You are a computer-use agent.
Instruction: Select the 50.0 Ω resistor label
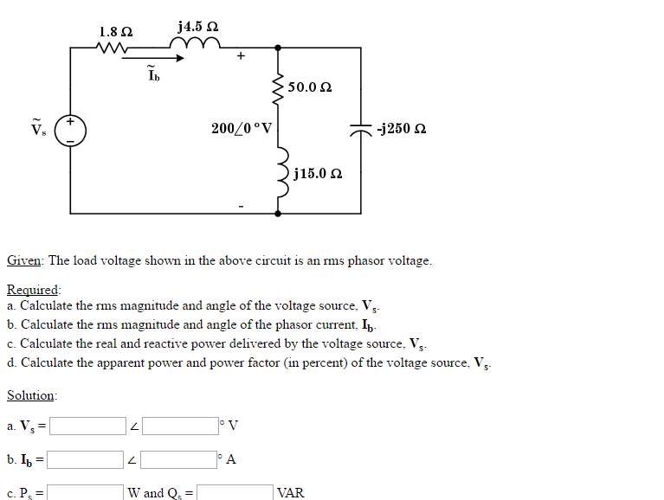pos(310,87)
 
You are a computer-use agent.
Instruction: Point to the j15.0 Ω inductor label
pos(318,174)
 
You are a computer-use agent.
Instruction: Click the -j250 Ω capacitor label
pos(401,130)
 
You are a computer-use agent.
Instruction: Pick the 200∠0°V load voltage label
pos(242,129)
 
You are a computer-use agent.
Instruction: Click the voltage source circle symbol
pos(70,131)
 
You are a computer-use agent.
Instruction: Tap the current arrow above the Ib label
pos(165,59)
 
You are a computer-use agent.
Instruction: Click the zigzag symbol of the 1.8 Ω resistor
pos(114,48)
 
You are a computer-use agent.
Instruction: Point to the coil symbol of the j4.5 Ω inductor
pos(197,46)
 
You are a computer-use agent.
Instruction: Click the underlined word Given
pos(25,260)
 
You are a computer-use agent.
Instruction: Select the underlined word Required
pos(34,290)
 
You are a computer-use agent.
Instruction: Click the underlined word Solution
pos(31,395)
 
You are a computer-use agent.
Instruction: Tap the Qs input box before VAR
pos(234,493)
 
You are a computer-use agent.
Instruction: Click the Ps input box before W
pos(84,493)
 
